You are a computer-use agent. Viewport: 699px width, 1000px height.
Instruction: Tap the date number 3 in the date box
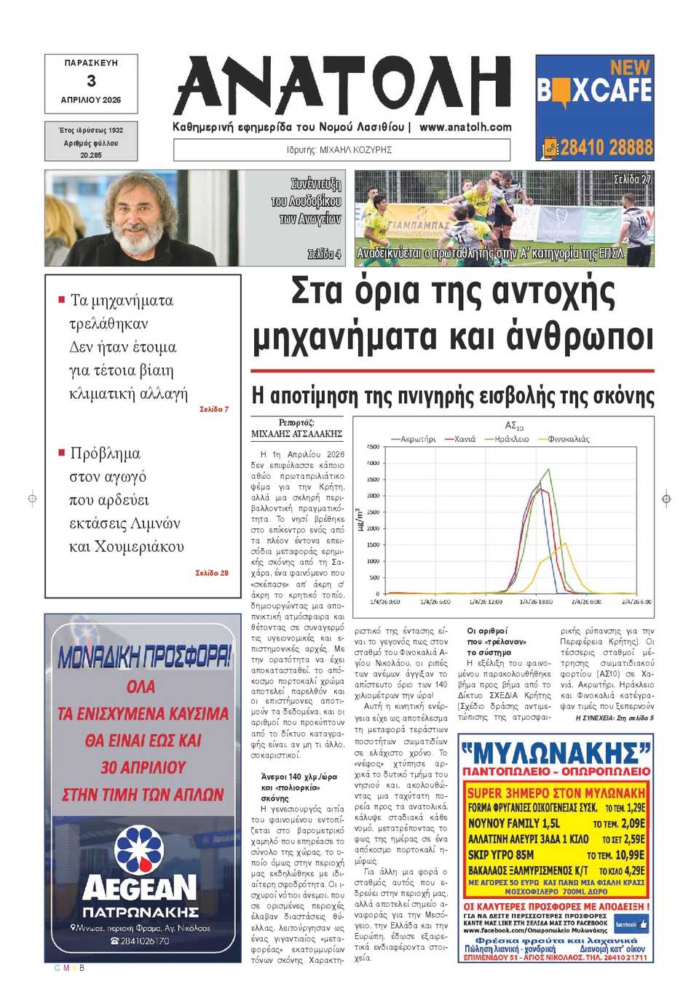[x=91, y=81]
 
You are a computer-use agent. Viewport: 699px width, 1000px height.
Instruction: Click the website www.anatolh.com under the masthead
[x=465, y=127]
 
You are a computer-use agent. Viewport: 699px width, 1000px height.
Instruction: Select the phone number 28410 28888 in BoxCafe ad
[x=606, y=148]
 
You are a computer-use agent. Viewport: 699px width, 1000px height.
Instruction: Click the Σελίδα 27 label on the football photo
[x=632, y=179]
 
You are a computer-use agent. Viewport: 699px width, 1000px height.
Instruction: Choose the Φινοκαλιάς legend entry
[x=568, y=439]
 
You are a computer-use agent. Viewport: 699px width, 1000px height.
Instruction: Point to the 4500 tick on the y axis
[x=372, y=447]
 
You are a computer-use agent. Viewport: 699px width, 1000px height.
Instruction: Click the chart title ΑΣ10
[x=514, y=425]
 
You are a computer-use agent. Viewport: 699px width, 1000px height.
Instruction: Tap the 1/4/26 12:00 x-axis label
[x=486, y=602]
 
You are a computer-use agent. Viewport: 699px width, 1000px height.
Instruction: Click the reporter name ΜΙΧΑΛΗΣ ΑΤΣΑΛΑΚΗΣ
[x=296, y=434]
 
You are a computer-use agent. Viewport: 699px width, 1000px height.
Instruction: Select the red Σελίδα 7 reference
[x=213, y=410]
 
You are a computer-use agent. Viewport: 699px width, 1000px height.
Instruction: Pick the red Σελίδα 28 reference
[x=211, y=573]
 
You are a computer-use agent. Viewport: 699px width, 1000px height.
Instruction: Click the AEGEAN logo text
[x=140, y=888]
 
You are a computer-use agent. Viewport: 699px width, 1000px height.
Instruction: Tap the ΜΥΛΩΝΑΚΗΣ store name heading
[x=556, y=753]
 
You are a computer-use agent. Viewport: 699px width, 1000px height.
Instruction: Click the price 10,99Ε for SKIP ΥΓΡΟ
[x=630, y=855]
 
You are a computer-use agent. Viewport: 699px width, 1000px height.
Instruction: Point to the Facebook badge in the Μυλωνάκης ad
[x=631, y=924]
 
